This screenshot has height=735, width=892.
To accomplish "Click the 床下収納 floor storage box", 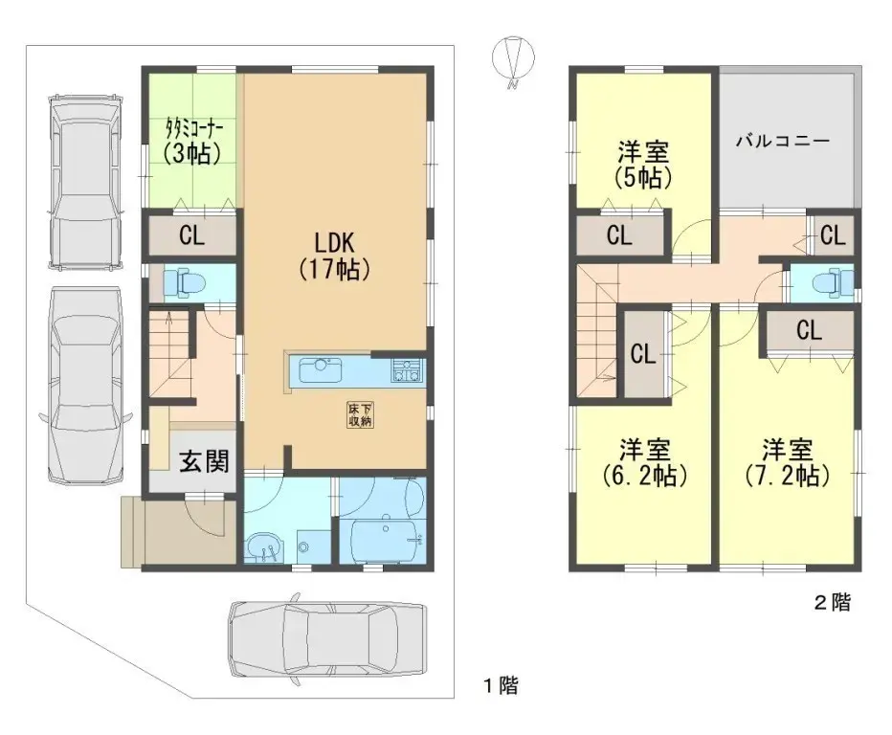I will click(x=360, y=414).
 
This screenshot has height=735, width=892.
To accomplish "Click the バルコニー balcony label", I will click(x=782, y=141).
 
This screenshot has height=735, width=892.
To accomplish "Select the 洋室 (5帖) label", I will click(x=641, y=164).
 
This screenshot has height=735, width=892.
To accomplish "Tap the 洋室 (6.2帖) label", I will click(x=642, y=462).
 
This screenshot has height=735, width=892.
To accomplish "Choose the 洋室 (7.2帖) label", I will click(x=787, y=462).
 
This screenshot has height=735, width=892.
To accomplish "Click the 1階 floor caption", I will click(x=500, y=685).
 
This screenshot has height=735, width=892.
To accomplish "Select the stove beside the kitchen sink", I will click(x=406, y=370).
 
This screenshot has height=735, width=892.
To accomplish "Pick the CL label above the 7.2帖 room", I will click(x=809, y=331).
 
